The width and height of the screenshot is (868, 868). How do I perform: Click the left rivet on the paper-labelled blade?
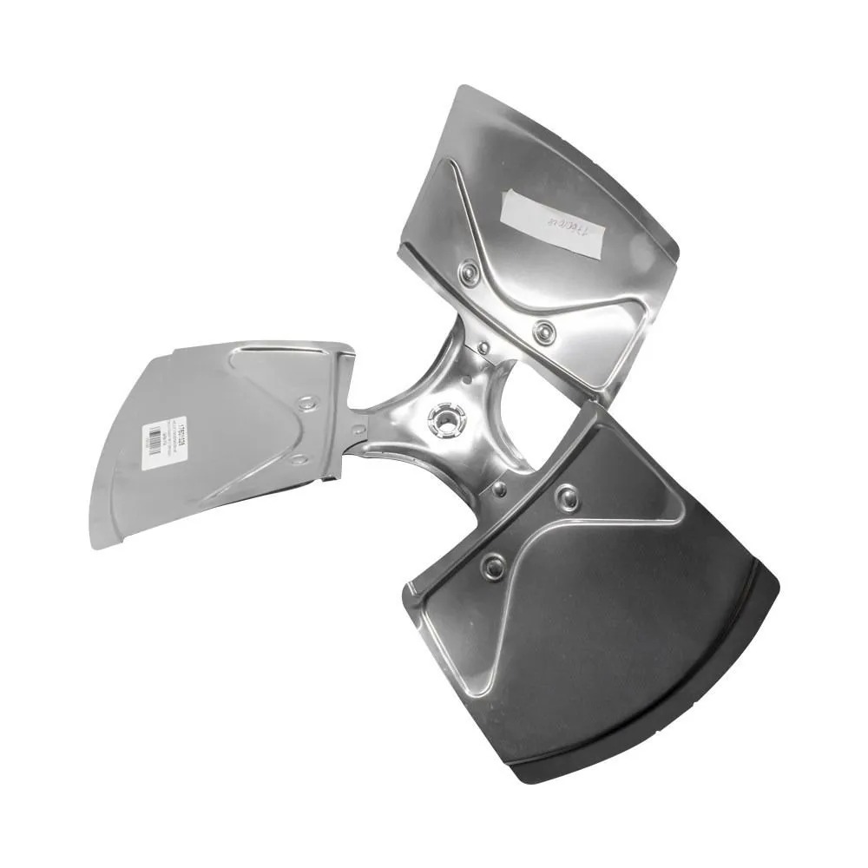470,275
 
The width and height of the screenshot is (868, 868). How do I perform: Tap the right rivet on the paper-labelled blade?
545,332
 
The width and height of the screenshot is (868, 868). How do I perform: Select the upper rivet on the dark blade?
568,497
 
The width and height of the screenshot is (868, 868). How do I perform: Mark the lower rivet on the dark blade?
494,567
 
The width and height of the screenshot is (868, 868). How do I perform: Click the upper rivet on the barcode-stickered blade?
306,403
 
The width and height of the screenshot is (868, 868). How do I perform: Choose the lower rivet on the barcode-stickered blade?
298,459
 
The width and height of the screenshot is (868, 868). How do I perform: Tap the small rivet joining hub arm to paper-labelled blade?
483,348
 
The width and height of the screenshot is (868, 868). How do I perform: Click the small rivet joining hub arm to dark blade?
499,490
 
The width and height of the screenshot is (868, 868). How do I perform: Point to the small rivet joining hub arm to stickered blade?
358,428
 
